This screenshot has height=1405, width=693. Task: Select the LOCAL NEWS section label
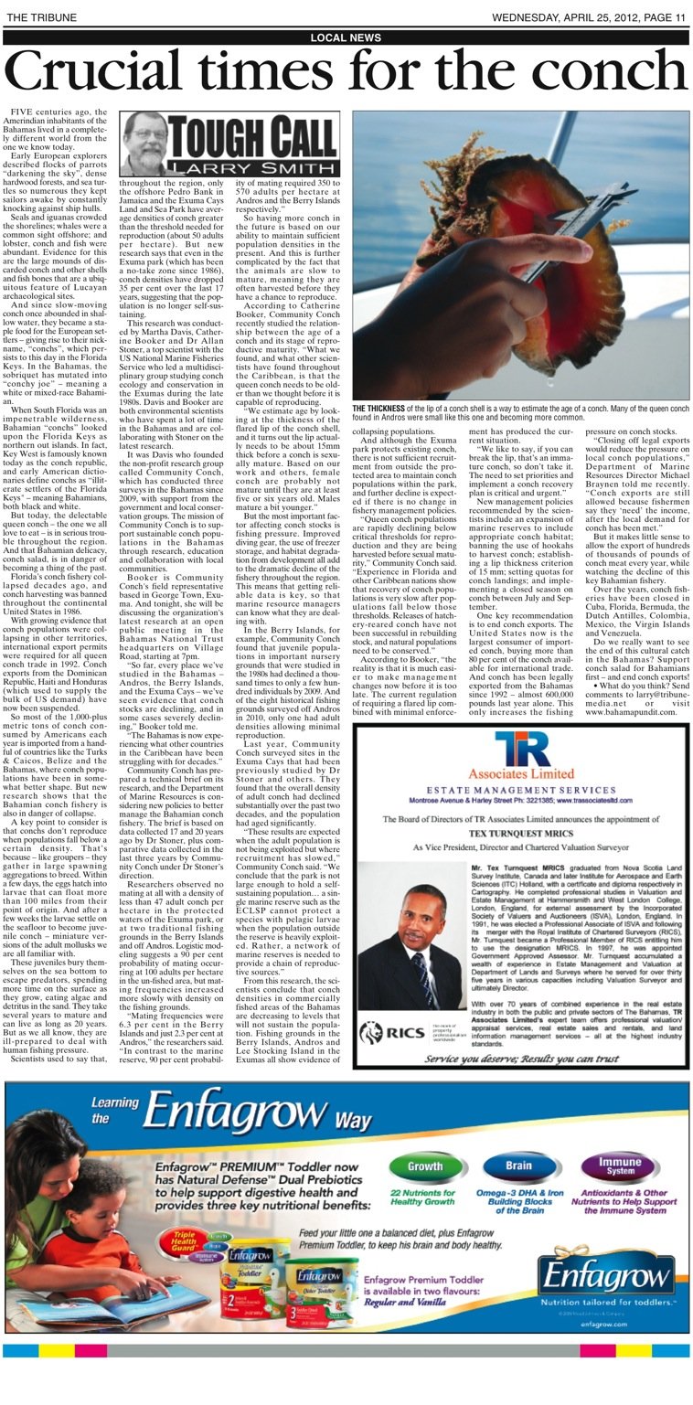(x=346, y=37)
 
